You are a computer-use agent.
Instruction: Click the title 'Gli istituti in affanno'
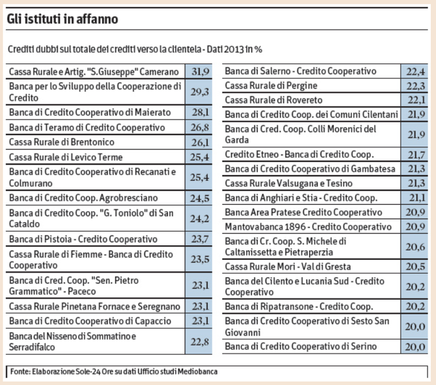point(62,19)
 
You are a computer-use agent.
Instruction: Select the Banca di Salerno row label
point(300,71)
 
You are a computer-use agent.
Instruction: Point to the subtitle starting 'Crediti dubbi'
point(136,49)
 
